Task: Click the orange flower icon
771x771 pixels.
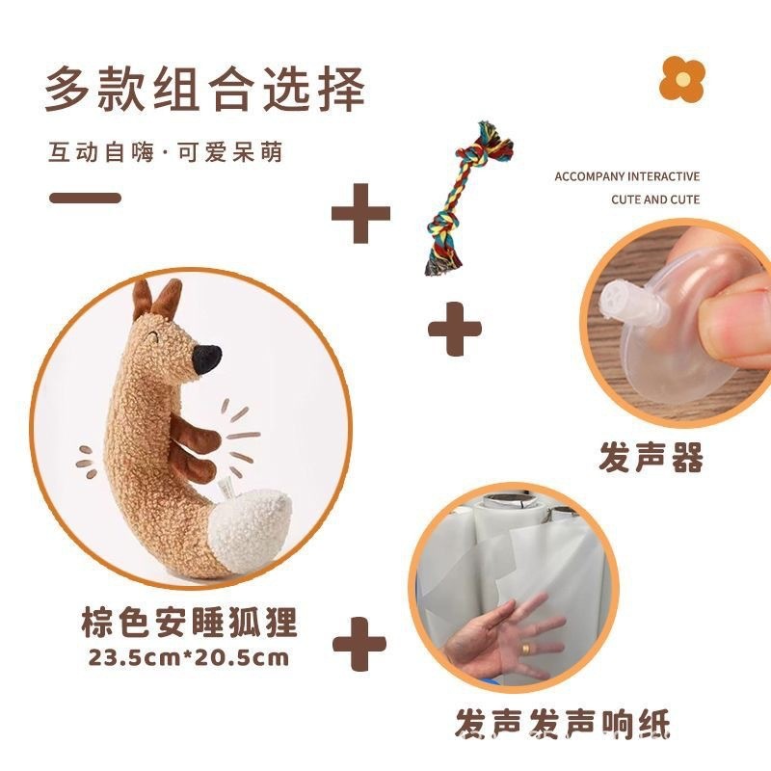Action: point(682,79)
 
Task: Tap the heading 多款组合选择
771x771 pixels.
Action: point(205,90)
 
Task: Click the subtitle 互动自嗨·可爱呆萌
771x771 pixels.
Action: point(166,152)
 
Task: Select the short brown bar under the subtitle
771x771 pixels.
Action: point(85,199)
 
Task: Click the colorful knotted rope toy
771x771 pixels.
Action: point(467,198)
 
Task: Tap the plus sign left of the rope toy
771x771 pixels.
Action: point(360,213)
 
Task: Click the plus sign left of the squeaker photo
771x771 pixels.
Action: point(455,329)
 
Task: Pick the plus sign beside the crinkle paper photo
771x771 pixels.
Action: point(359,644)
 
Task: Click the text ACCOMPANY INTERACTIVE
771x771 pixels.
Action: point(627,176)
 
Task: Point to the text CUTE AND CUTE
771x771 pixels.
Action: point(655,199)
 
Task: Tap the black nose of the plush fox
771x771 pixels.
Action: point(206,359)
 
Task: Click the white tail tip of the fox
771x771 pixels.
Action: point(251,531)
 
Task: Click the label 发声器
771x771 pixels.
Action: point(651,458)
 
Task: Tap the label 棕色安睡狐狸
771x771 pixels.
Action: point(189,622)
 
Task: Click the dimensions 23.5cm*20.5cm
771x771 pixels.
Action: point(189,657)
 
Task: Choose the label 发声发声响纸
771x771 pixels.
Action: point(563,724)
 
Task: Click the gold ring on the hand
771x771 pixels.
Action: point(526,649)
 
